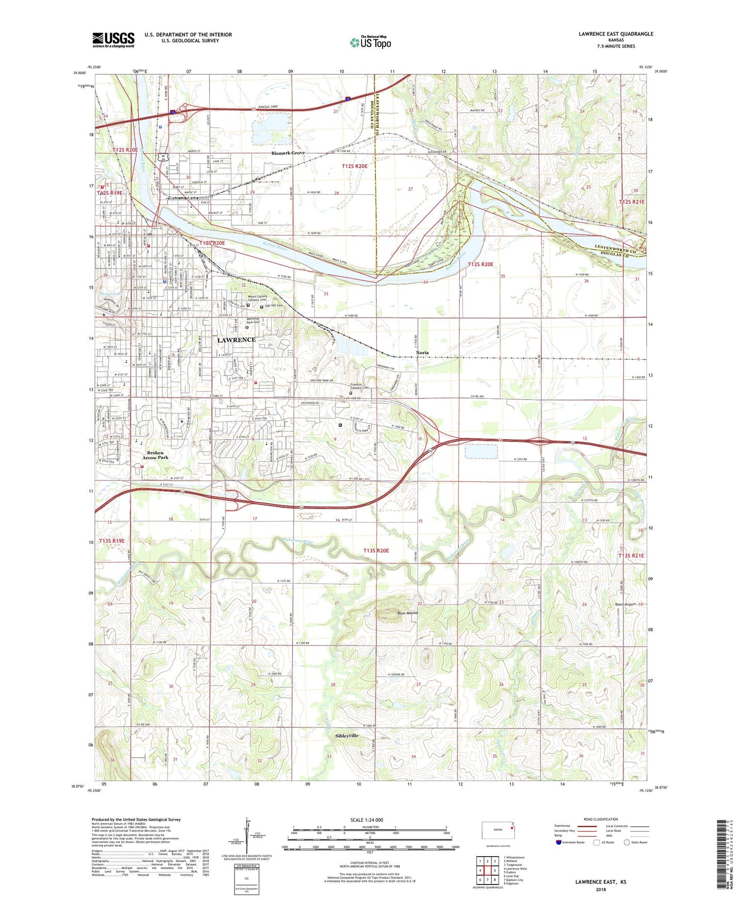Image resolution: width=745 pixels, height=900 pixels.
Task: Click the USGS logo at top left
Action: coord(113,40)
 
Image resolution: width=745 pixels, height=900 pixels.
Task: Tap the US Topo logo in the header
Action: coord(370,42)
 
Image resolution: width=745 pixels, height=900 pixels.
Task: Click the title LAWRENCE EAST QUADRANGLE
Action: coord(616,34)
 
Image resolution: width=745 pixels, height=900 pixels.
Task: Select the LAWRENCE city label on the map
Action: coord(236,340)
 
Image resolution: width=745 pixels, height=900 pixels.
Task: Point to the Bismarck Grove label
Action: coord(288,153)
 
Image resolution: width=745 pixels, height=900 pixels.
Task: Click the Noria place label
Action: coord(422,353)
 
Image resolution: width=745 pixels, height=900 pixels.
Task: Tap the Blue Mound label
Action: coord(407,613)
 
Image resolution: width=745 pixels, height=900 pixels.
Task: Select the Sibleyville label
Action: coord(346,736)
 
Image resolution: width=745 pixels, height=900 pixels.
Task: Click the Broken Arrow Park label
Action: coord(155,455)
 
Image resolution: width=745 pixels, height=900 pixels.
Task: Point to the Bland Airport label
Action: coord(626,604)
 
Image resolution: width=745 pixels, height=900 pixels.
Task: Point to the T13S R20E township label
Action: coord(376,551)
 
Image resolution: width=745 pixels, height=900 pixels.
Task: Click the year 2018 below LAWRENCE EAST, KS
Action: coord(601,889)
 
